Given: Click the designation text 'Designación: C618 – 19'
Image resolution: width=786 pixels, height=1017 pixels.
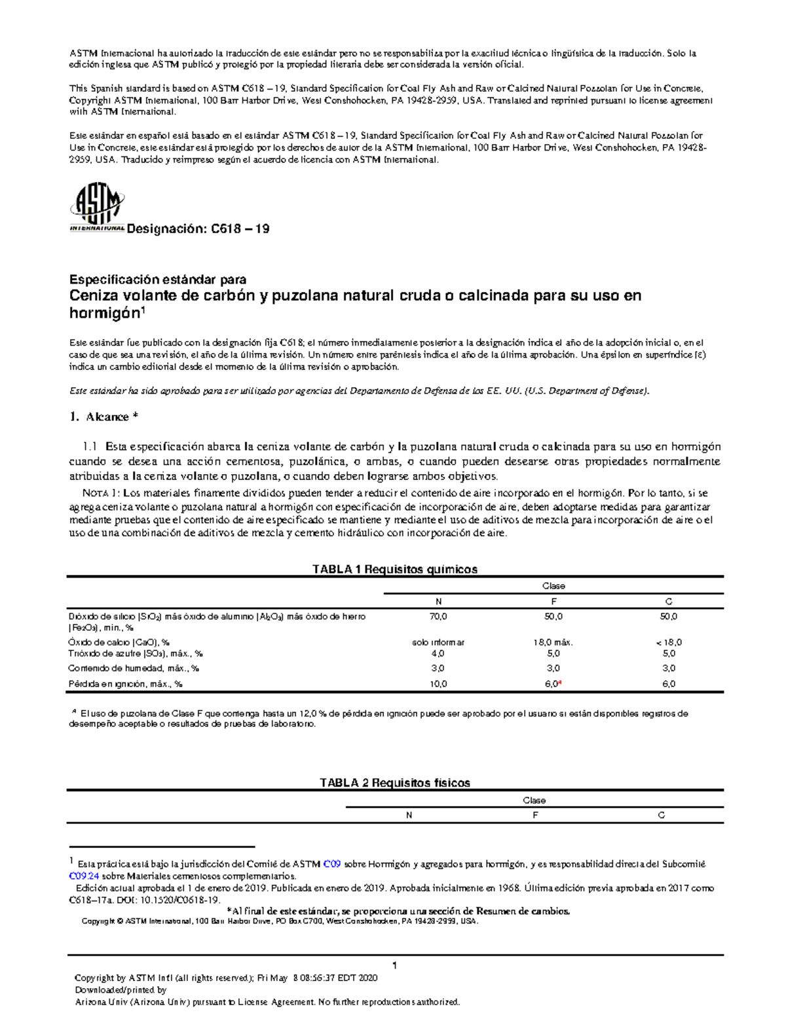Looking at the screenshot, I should (x=198, y=229).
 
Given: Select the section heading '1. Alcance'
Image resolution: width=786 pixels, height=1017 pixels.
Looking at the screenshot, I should (x=103, y=416).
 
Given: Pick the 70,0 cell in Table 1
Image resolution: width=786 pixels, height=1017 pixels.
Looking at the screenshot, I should (x=438, y=616).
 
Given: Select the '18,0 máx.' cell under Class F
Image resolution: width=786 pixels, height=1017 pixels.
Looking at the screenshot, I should (x=553, y=642).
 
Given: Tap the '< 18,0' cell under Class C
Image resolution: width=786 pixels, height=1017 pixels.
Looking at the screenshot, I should (x=668, y=642).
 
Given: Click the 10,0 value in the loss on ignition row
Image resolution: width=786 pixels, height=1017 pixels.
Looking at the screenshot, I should (x=438, y=684).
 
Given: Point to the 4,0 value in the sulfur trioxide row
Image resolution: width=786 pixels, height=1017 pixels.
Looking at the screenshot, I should (x=438, y=654).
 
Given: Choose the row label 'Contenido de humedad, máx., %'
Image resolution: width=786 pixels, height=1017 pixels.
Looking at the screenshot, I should (x=134, y=669).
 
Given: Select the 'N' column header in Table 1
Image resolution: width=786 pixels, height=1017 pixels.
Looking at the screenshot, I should (x=438, y=601).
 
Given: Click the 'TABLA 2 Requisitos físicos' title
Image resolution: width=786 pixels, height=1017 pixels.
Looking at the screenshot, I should (x=394, y=783).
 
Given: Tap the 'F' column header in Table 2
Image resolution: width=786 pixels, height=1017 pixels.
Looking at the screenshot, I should (x=535, y=815).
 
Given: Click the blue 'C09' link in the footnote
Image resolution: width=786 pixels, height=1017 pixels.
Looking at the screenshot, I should (x=332, y=864).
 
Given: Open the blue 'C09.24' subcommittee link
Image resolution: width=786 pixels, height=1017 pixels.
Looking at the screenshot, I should (x=84, y=876).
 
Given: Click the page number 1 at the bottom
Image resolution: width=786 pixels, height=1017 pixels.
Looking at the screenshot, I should (x=395, y=965).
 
